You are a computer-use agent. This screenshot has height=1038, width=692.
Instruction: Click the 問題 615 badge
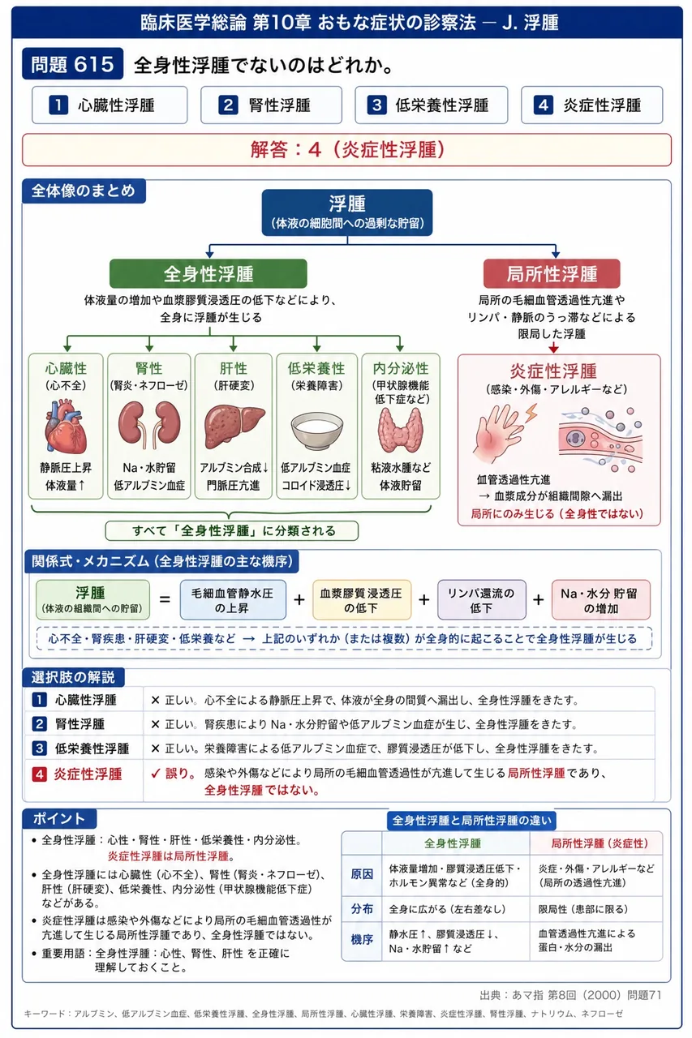coord(73,64)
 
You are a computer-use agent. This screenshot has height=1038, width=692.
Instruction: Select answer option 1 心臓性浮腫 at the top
coord(110,105)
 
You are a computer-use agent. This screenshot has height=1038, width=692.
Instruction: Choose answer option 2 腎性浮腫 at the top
coord(271,105)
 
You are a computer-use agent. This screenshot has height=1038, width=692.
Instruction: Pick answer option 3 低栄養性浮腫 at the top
coord(431,105)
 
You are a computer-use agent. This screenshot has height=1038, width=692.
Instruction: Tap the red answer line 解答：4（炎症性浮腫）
coord(346,150)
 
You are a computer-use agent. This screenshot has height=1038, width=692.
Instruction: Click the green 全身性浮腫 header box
coord(208,273)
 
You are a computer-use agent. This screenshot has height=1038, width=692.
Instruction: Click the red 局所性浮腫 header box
coord(552,273)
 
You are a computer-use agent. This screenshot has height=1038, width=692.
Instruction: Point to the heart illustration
coord(66,426)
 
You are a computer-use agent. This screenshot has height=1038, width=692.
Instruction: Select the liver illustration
coord(234,427)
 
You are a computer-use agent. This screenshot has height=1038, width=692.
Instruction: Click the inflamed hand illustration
coord(503,433)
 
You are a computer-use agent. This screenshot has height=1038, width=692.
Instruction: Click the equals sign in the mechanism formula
coord(165,599)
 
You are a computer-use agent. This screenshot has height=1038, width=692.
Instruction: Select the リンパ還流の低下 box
coord(482,599)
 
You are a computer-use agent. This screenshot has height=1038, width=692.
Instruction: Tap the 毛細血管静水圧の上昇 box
coord(233,599)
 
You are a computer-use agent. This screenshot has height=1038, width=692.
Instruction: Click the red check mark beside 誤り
coord(156,774)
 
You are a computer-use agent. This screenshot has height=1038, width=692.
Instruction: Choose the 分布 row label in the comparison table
coord(362,909)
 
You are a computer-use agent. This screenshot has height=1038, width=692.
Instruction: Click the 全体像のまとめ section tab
coord(84,191)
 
